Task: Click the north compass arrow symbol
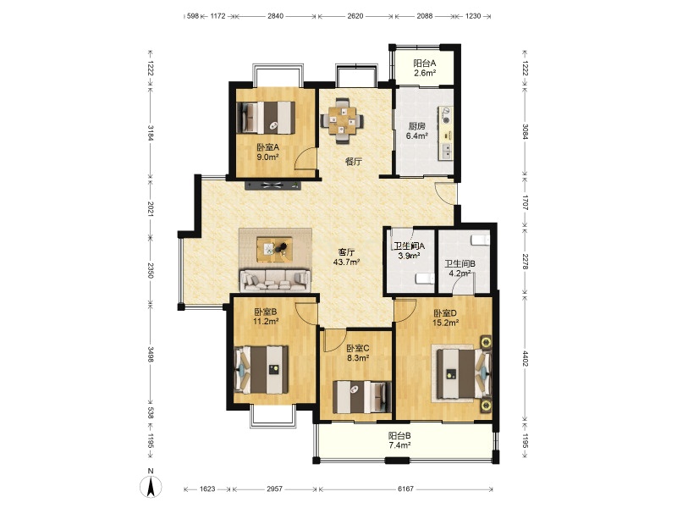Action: [151, 488]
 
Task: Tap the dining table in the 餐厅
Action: [342, 119]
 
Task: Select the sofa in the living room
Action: [275, 281]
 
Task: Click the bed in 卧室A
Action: [267, 118]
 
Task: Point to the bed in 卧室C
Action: [362, 397]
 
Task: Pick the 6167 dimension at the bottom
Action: [405, 489]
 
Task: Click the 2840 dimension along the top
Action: [276, 16]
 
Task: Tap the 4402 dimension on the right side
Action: [525, 358]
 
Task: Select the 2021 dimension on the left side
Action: [151, 208]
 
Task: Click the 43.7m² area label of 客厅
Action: [347, 262]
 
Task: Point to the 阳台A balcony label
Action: [425, 63]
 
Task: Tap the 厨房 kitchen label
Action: [416, 126]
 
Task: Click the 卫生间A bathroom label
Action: [410, 246]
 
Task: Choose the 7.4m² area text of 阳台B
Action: [399, 445]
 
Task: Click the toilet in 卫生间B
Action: [479, 240]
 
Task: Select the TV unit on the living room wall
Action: [272, 185]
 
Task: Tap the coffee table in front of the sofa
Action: [274, 249]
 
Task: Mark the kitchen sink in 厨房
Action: [446, 151]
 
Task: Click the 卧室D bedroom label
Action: [445, 313]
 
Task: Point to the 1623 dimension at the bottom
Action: [207, 489]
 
